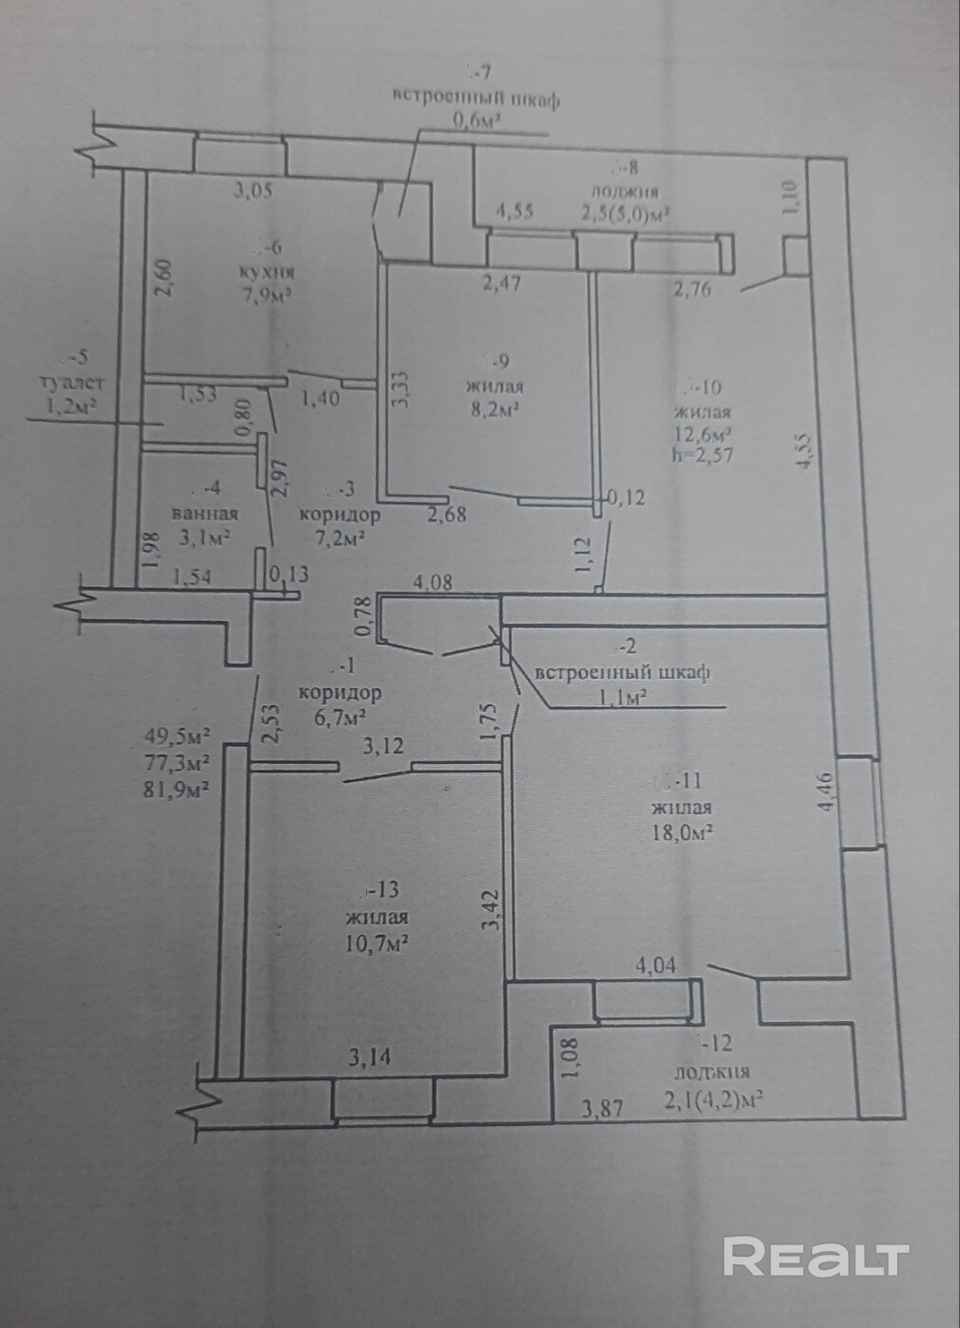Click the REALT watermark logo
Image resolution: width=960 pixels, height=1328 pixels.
coord(816,1256)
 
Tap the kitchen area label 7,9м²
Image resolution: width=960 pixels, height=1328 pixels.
coord(265,295)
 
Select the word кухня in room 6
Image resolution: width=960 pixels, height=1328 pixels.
coord(265,273)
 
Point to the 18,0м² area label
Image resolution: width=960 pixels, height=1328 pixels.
coord(681,831)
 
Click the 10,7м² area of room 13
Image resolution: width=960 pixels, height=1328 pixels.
coord(377,942)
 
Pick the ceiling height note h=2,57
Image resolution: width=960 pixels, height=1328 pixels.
coord(701,454)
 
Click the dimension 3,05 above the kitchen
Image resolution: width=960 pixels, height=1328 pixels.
coord(253,191)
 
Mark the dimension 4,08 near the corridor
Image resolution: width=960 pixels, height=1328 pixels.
coord(433,584)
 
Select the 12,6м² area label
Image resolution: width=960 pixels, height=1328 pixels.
coord(701,433)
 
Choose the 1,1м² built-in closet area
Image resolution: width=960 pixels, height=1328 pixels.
coord(622,697)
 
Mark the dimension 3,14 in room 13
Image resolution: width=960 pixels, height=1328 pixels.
coord(371,1059)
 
